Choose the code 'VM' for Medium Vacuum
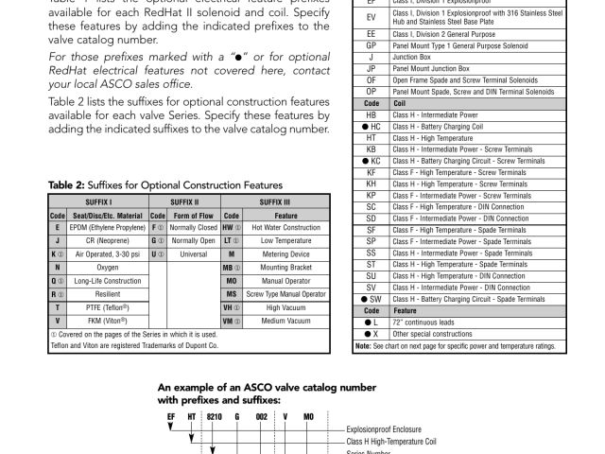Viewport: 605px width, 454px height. coord(229,321)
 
